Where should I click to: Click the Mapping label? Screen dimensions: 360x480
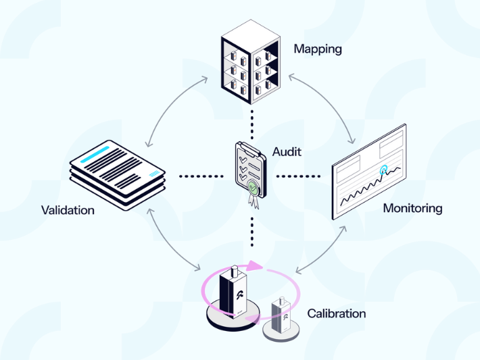318,49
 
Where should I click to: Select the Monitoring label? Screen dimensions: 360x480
412,208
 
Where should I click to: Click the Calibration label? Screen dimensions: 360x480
336,313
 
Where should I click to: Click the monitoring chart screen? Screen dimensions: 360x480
369,172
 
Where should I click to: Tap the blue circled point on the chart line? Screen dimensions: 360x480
385,170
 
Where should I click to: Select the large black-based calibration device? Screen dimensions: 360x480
234,297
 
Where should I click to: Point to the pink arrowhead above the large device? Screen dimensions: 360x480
254,265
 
